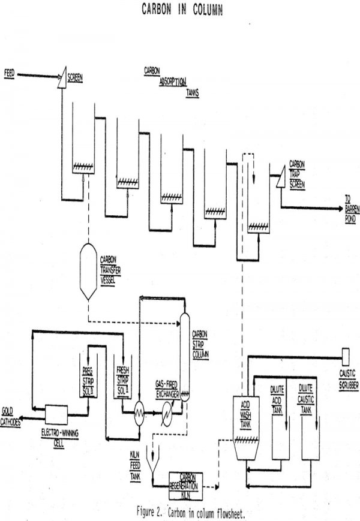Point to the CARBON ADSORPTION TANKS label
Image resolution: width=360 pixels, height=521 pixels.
pyautogui.click(x=170, y=82)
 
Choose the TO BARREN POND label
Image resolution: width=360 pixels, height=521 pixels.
pyautogui.click(x=350, y=208)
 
